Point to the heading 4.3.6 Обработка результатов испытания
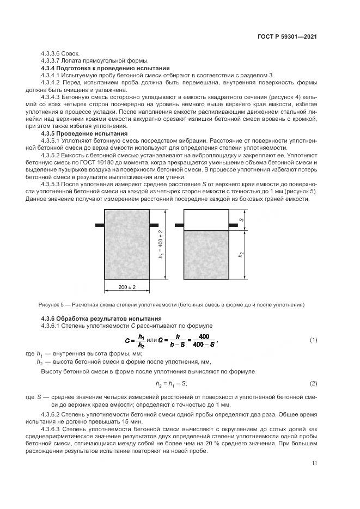[90, 318]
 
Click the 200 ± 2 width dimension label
[126, 287]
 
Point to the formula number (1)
[313, 340]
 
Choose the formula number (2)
[313, 383]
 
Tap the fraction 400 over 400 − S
[204, 341]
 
